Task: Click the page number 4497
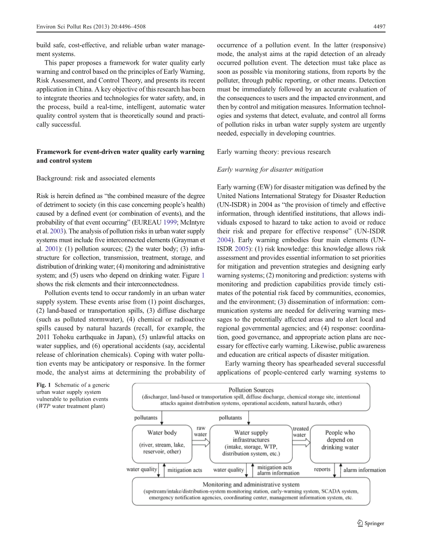[x=379, y=27]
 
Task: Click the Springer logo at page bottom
[x=370, y=524]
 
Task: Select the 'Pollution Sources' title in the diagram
[x=251, y=390]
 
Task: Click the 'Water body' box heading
[x=162, y=433]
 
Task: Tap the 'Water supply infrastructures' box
[x=251, y=443]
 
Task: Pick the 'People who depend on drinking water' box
[x=340, y=440]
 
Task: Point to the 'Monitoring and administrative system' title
[x=251, y=484]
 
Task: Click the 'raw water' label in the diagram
[x=201, y=431]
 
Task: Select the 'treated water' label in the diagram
[x=300, y=432]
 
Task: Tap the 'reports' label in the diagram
[x=322, y=469]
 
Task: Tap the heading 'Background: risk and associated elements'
[x=96, y=178]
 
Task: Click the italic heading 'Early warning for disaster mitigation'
[x=270, y=169]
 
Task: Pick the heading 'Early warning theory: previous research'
[x=274, y=152]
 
